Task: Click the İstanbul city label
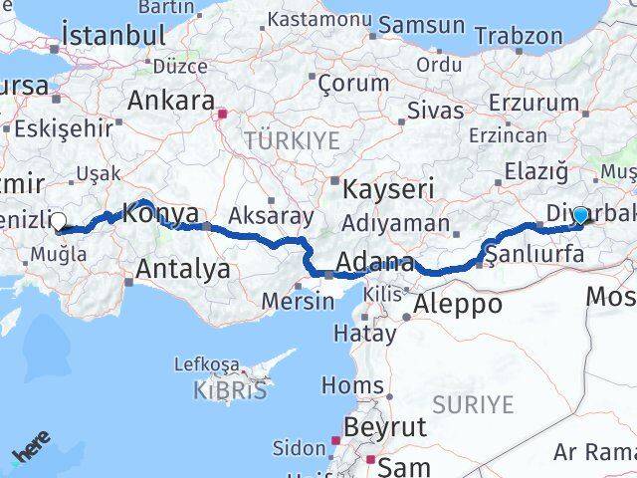pos(113,35)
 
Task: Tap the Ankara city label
pos(171,102)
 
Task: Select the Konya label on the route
pos(160,213)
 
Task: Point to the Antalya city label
pos(183,268)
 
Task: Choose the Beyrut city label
pos(383,428)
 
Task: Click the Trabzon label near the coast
pos(518,36)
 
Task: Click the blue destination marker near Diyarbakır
pos(580,215)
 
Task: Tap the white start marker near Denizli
pos(59,222)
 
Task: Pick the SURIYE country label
pos(473,405)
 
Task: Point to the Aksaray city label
pos(272,215)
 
